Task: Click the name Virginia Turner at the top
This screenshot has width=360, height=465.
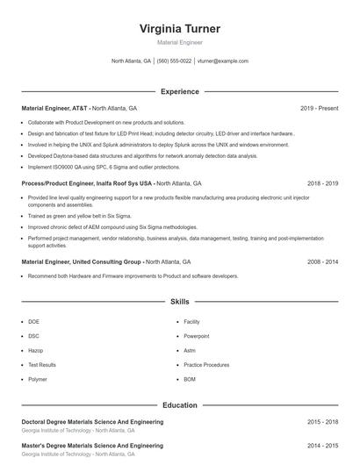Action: [180, 28]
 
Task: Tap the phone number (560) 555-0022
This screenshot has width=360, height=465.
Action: [175, 61]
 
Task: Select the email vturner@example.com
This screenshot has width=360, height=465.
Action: [223, 61]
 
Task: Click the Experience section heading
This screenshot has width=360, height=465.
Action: [180, 91]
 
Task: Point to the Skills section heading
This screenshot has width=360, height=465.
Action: [180, 301]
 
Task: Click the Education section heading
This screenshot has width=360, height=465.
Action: [180, 405]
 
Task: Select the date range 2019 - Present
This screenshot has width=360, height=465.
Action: [319, 108]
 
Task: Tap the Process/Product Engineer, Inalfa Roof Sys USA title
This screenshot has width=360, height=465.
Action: [87, 184]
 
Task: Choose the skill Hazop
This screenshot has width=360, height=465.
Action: [35, 350]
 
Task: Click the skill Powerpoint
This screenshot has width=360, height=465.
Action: [197, 336]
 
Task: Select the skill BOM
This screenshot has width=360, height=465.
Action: [190, 379]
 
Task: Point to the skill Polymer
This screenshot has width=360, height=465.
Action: [38, 379]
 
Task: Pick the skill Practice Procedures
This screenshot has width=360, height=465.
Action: [206, 364]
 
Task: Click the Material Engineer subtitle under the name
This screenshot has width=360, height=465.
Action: [180, 42]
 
